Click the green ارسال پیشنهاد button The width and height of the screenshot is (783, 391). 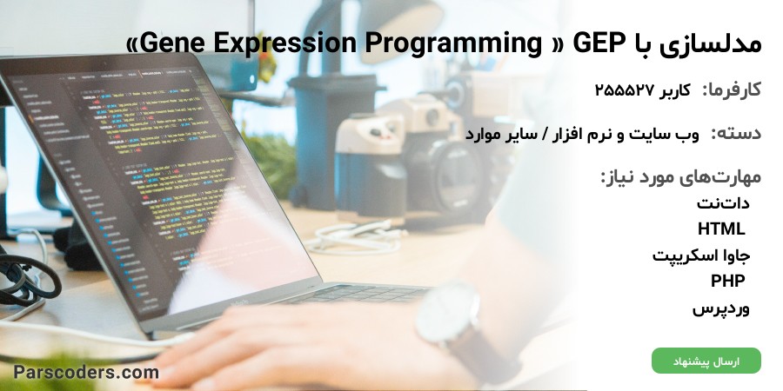tap(706, 361)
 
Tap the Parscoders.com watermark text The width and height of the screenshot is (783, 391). tap(86, 372)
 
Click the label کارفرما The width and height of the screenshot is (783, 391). tap(732, 90)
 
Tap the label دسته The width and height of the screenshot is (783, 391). tap(736, 134)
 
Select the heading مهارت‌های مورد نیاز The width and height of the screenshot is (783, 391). tap(680, 177)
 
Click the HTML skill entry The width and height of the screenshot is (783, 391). tap(721, 229)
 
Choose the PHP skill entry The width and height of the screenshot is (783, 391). tap(728, 281)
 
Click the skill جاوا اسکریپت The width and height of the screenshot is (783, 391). tap(701, 255)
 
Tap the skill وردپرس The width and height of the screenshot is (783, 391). tap(721, 308)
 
